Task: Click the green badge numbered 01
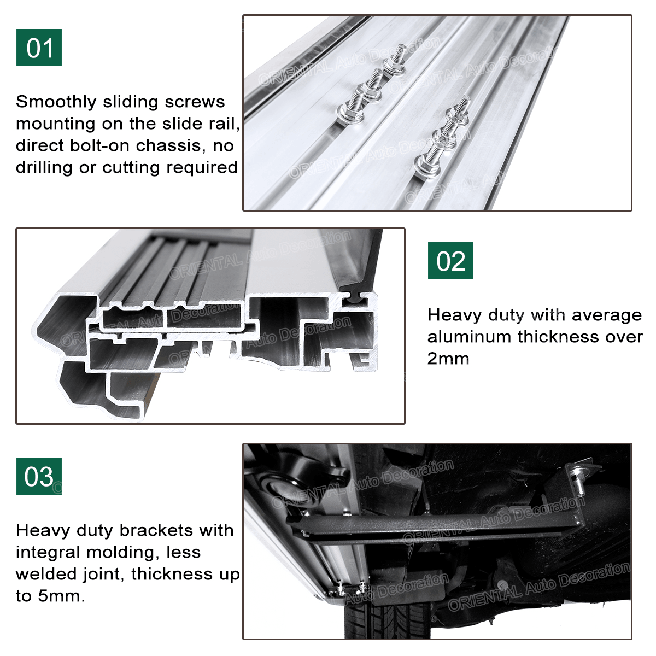[x=39, y=48]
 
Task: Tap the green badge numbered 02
[x=450, y=261]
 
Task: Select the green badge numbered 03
[x=39, y=476]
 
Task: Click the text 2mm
[x=448, y=359]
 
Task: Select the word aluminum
[x=469, y=337]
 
